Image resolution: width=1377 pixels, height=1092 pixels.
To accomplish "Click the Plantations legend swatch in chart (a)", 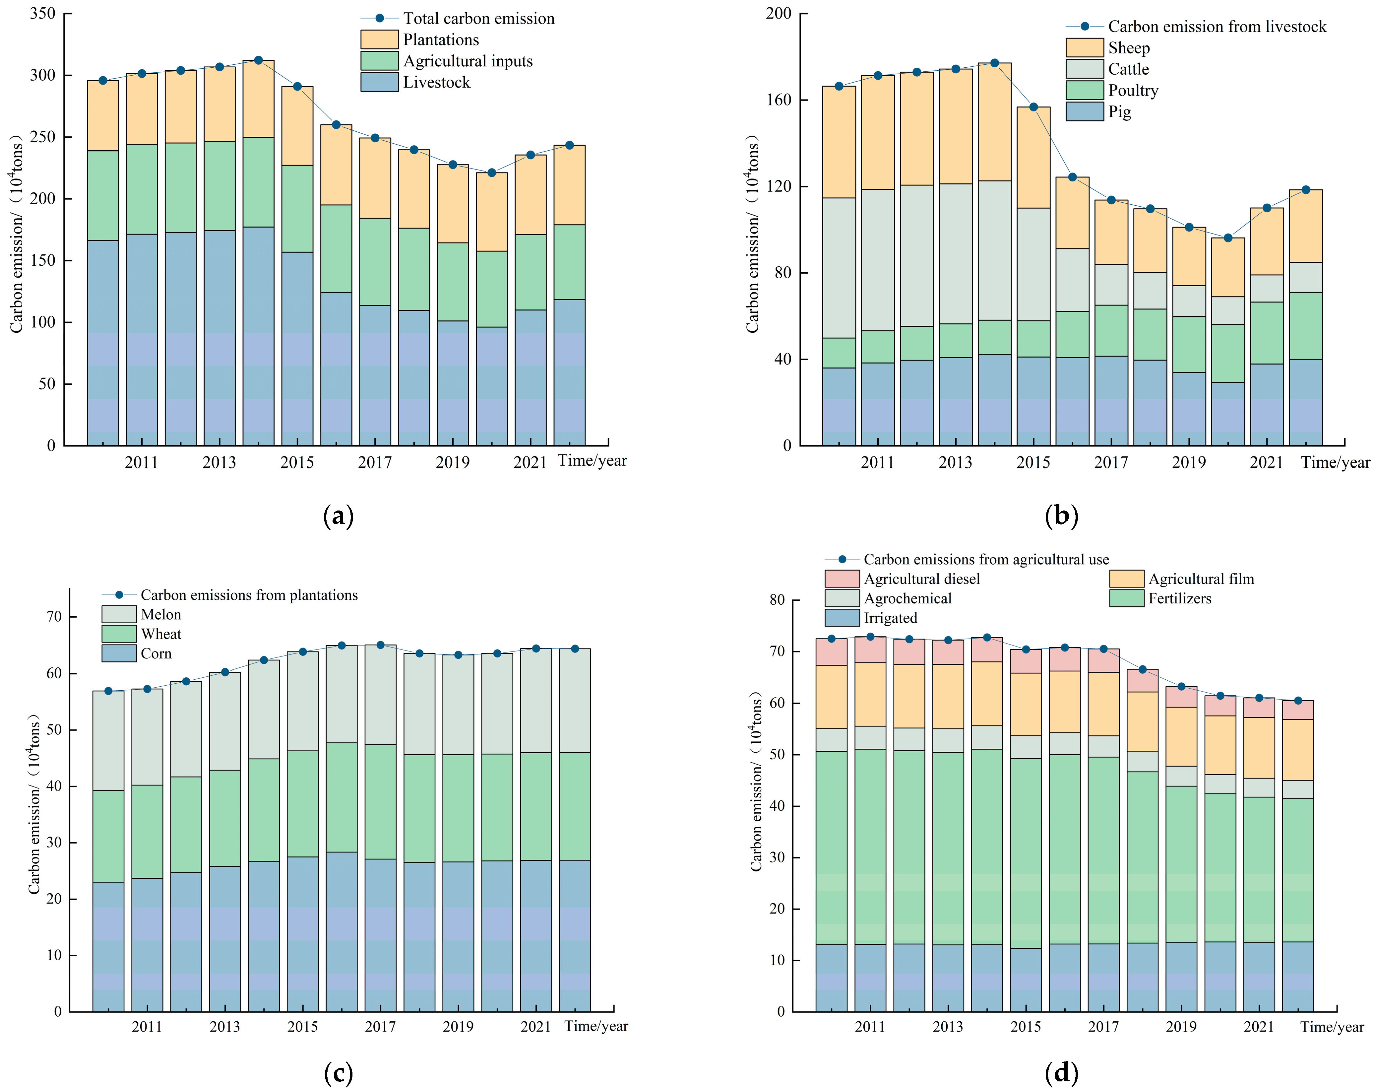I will [x=379, y=39].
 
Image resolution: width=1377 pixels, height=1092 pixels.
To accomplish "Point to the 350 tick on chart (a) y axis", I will [x=42, y=13].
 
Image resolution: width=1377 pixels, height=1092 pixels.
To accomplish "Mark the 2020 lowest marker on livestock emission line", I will [x=1227, y=238].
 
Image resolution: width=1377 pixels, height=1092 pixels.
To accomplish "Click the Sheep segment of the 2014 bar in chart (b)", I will [x=994, y=121].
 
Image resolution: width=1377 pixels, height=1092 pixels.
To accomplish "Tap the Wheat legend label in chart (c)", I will [x=161, y=634].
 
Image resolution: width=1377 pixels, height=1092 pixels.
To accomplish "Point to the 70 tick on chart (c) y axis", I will [x=54, y=617].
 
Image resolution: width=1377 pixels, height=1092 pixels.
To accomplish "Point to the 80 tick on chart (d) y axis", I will [x=777, y=600].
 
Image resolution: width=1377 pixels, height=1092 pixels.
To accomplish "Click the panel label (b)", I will [x=1061, y=516].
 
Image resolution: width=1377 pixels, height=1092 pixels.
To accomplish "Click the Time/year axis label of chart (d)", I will [x=1332, y=1027].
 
